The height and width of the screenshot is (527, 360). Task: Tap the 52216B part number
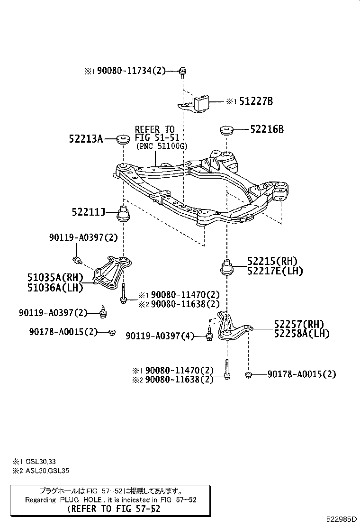click(267, 128)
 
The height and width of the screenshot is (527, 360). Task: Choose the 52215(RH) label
click(272, 261)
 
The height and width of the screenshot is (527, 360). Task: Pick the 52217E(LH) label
click(275, 271)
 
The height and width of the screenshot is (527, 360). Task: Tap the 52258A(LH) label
click(302, 334)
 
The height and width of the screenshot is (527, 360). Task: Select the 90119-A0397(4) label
click(160, 336)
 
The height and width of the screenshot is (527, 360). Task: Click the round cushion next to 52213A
click(124, 139)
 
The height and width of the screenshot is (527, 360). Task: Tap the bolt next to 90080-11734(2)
click(183, 72)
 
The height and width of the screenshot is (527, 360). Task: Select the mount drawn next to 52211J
click(124, 214)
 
